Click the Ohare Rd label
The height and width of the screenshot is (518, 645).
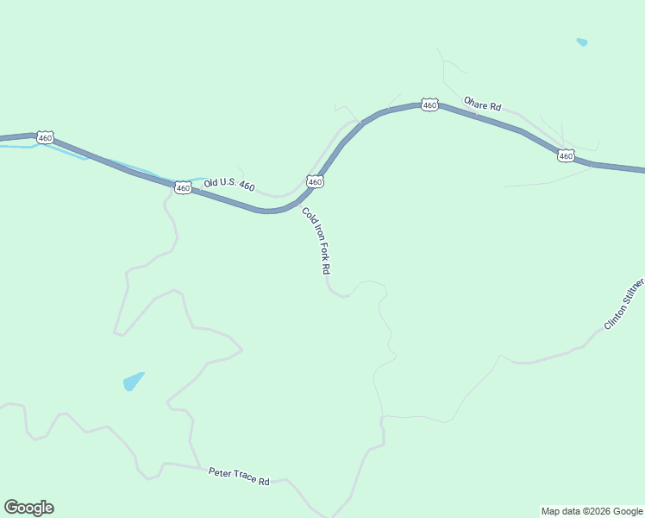(x=482, y=104)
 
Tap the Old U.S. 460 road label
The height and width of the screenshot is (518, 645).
(x=229, y=185)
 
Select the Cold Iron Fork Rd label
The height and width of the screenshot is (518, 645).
(x=316, y=241)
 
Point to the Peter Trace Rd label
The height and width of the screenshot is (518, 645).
(x=239, y=476)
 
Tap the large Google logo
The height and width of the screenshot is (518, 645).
(x=28, y=508)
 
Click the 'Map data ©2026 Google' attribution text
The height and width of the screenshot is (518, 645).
(x=592, y=511)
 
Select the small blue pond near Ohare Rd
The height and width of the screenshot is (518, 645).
(x=582, y=41)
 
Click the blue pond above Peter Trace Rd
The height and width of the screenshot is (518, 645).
(x=133, y=381)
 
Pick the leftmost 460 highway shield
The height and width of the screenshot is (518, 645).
(x=46, y=137)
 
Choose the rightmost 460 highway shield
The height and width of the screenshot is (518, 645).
(x=565, y=155)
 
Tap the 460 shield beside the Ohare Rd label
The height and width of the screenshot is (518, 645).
(x=429, y=104)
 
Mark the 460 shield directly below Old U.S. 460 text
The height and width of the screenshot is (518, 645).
(x=183, y=187)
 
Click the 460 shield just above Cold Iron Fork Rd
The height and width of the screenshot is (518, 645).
(x=315, y=181)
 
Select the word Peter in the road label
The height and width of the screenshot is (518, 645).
(x=219, y=472)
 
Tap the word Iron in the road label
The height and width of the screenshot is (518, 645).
(x=313, y=234)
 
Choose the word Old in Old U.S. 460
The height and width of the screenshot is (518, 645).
(x=212, y=183)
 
